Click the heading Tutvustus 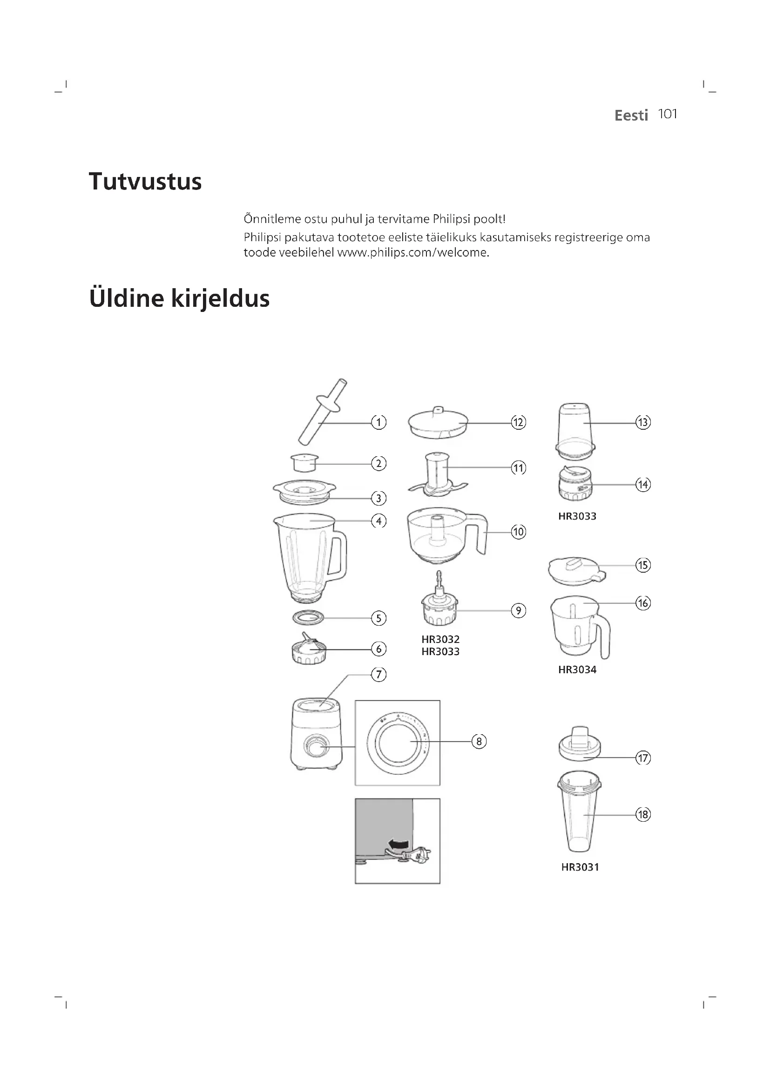(145, 182)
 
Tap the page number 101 (668, 115)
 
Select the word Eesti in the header (631, 115)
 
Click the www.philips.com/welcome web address (412, 252)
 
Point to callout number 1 (378, 422)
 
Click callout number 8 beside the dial (479, 741)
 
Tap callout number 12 (518, 422)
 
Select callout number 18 (643, 814)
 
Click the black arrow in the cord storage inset (399, 843)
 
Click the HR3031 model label (580, 867)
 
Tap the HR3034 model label (577, 670)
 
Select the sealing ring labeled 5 (308, 617)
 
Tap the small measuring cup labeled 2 (304, 462)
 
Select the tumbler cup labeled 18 (579, 816)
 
